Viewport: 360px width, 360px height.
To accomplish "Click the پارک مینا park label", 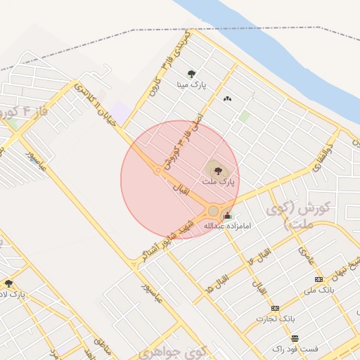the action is pos(192,84).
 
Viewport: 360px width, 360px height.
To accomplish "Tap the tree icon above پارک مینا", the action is pos(192,73).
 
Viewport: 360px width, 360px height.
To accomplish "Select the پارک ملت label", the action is pos(217,181).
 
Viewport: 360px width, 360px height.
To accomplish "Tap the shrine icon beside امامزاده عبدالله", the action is pos(226,216).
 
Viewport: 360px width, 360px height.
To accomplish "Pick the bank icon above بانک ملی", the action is pos(319,280).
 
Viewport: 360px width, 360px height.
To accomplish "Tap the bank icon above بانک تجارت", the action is pos(275,308).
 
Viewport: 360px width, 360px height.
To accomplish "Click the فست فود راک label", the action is pos(295,349).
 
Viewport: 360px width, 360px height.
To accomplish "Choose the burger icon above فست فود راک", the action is pos(295,338).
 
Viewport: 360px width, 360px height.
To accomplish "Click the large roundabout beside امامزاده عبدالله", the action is pos(213,211).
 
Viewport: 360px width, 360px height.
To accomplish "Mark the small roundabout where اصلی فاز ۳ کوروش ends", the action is pos(158,169).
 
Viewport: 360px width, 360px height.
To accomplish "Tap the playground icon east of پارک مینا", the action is pos(226,98).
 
